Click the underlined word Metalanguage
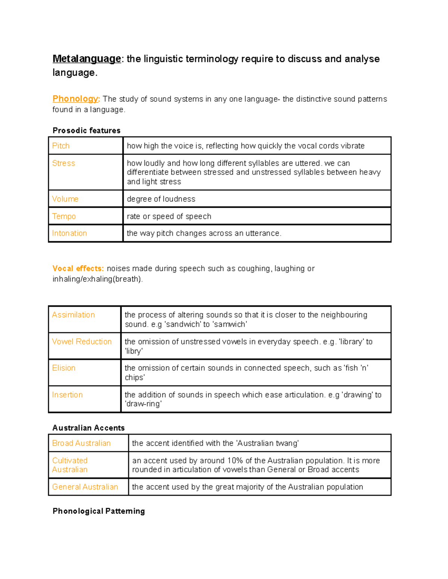coord(87,59)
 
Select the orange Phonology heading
coord(76,99)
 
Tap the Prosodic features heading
coord(86,130)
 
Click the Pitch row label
coord(61,146)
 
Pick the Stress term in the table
coord(63,163)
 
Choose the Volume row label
coord(65,199)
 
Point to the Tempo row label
coord(64,216)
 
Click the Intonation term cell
coord(69,233)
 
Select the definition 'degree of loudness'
coord(161,199)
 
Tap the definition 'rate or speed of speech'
coord(169,216)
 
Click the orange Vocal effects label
coord(78,268)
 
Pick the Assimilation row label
coord(73,315)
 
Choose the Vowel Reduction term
coord(82,342)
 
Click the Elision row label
coord(64,368)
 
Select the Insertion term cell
coord(67,395)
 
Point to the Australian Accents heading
coord(88,428)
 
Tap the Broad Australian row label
coord(81,443)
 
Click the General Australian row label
coord(85,487)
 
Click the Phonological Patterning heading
coord(99,511)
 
